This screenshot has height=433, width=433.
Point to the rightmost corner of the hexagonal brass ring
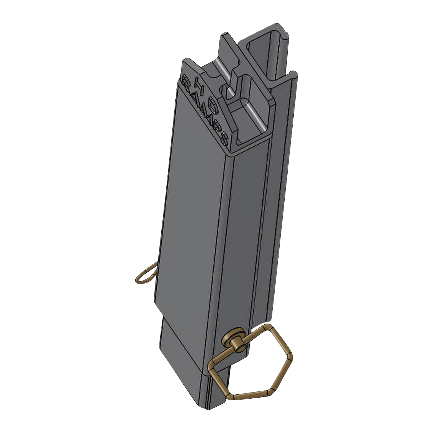(x=292, y=357)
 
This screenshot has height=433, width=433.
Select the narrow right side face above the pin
(x=242, y=235)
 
